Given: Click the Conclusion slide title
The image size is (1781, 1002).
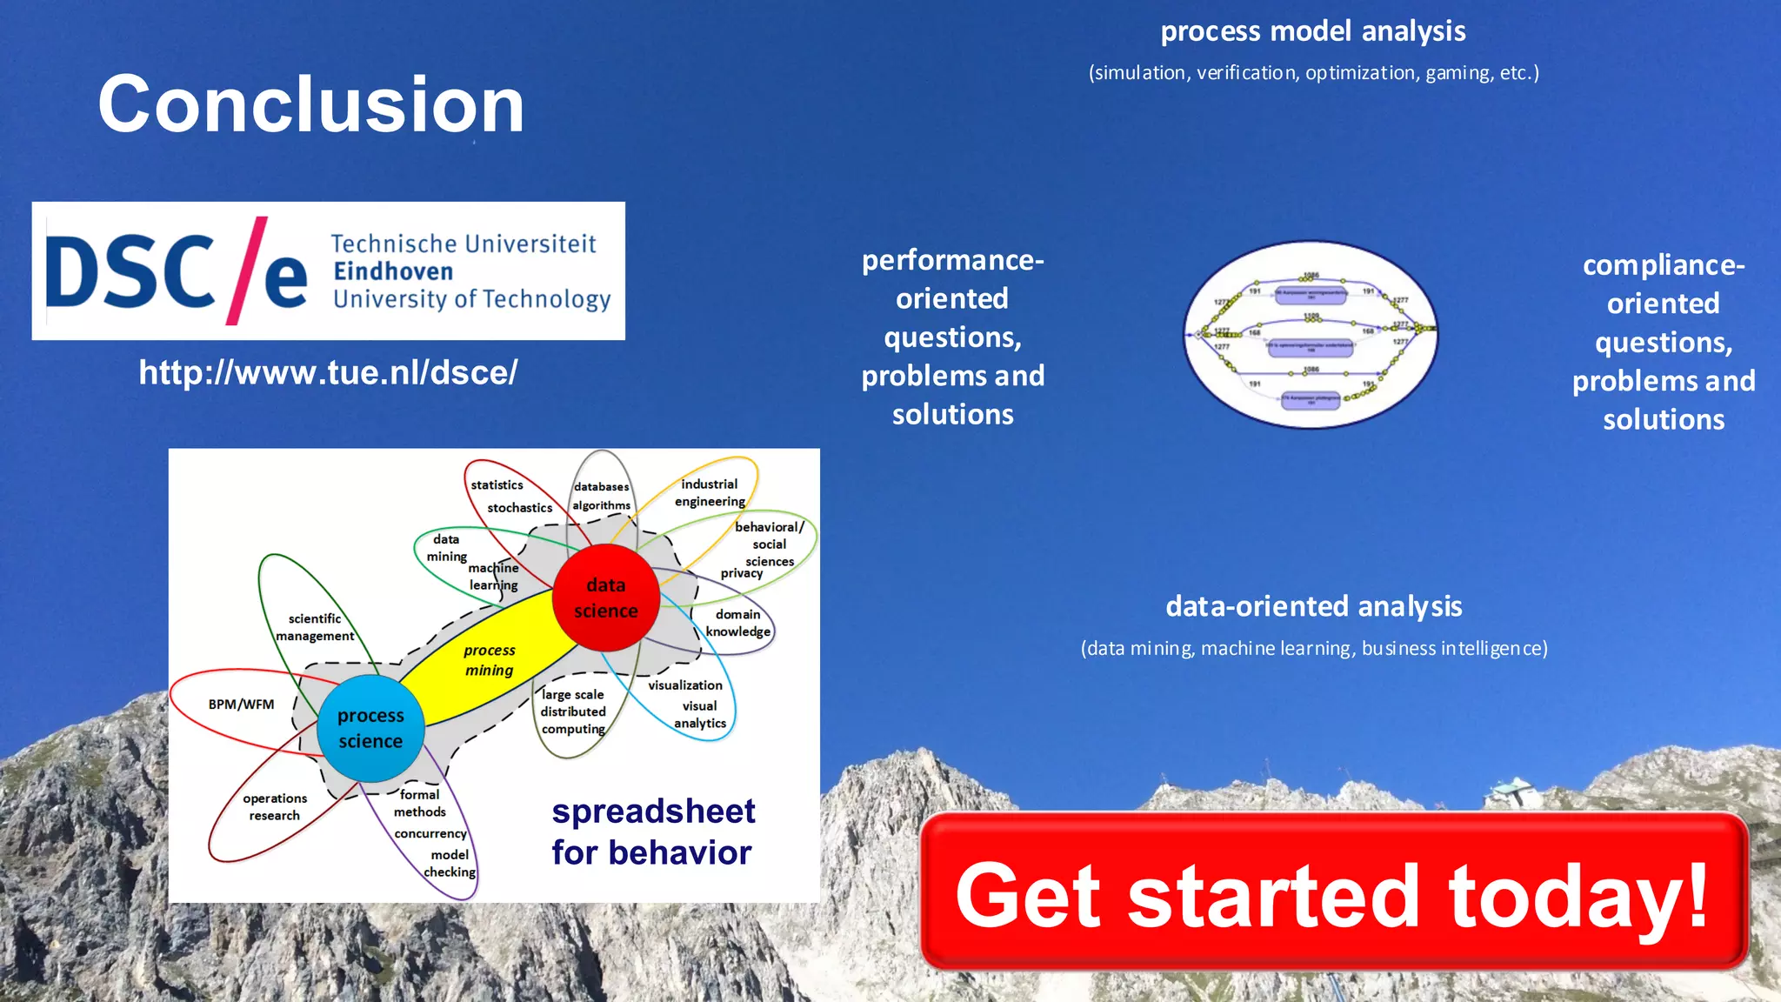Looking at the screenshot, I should pos(310,104).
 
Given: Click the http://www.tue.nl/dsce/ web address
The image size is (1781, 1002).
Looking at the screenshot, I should pos(328,372).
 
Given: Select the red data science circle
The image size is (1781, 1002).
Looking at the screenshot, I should pos(606,598).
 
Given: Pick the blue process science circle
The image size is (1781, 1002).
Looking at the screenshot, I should pos(370,728).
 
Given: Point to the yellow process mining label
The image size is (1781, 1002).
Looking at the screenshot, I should pos(489,660).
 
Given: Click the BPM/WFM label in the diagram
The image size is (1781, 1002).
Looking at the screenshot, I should pos(241,705).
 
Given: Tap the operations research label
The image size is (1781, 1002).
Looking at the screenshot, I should pos(275,807).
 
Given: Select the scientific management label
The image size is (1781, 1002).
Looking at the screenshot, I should pos(315,627).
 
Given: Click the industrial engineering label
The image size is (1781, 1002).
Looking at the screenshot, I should pos(710,492).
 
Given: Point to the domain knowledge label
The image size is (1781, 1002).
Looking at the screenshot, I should pos(737,623).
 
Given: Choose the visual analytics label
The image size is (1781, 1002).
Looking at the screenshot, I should pos(700,714).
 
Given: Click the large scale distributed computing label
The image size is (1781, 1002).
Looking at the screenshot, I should pos(573,711).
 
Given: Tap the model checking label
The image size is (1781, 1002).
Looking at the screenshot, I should pos(450,863).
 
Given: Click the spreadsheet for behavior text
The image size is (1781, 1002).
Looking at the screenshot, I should pos(653,832).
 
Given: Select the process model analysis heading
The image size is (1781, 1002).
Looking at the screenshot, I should pos(1313,31).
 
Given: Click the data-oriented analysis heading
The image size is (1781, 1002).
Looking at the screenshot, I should pos(1313,606).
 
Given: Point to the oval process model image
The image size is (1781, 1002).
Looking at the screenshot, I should pos(1311,335).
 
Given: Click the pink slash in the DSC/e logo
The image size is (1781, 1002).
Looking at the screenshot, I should pos(246,271).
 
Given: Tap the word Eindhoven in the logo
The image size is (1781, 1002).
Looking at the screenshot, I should pos(393,271).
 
